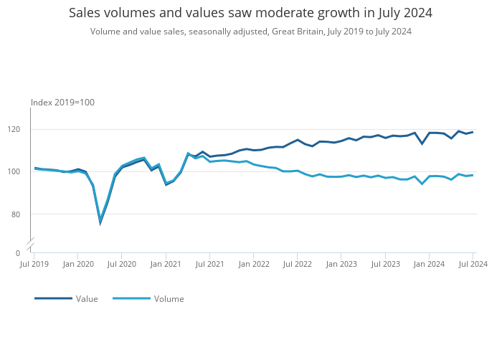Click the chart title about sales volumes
250,13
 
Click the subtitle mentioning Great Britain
250,32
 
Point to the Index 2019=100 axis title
62,103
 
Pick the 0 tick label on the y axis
18,253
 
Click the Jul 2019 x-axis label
34,265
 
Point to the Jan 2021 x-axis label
166,265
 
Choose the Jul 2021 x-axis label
209,265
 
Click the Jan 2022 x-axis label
254,265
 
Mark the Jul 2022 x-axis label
297,265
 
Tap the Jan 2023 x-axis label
341,265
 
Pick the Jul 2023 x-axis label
385,265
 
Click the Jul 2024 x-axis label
473,265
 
